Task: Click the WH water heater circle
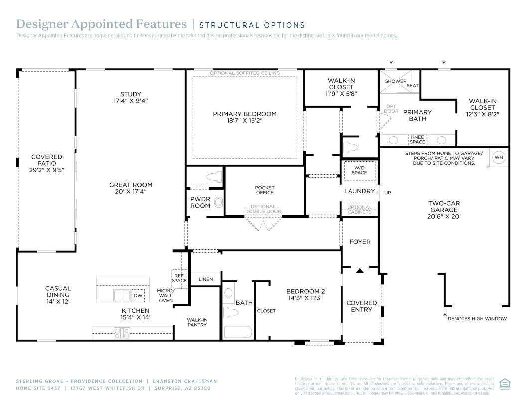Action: [x=499, y=158]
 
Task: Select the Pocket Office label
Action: [x=265, y=190]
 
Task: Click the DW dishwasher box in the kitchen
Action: [x=138, y=295]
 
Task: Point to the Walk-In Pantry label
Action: [x=197, y=322]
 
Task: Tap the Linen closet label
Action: [x=205, y=279]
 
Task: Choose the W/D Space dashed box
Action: [x=359, y=170]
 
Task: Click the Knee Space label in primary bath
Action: [x=418, y=139]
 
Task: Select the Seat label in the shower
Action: [x=412, y=85]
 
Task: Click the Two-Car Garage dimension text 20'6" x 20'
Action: [x=444, y=217]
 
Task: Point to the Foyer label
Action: [x=360, y=242]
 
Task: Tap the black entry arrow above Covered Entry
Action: [x=360, y=271]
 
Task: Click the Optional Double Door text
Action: [x=263, y=209]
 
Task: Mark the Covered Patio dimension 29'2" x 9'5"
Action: [x=47, y=170]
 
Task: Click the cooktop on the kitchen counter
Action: [x=122, y=333]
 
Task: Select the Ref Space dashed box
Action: [x=179, y=278]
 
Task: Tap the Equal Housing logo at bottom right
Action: [x=504, y=384]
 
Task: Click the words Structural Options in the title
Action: [x=252, y=25]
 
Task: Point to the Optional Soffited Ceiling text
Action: [x=245, y=73]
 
